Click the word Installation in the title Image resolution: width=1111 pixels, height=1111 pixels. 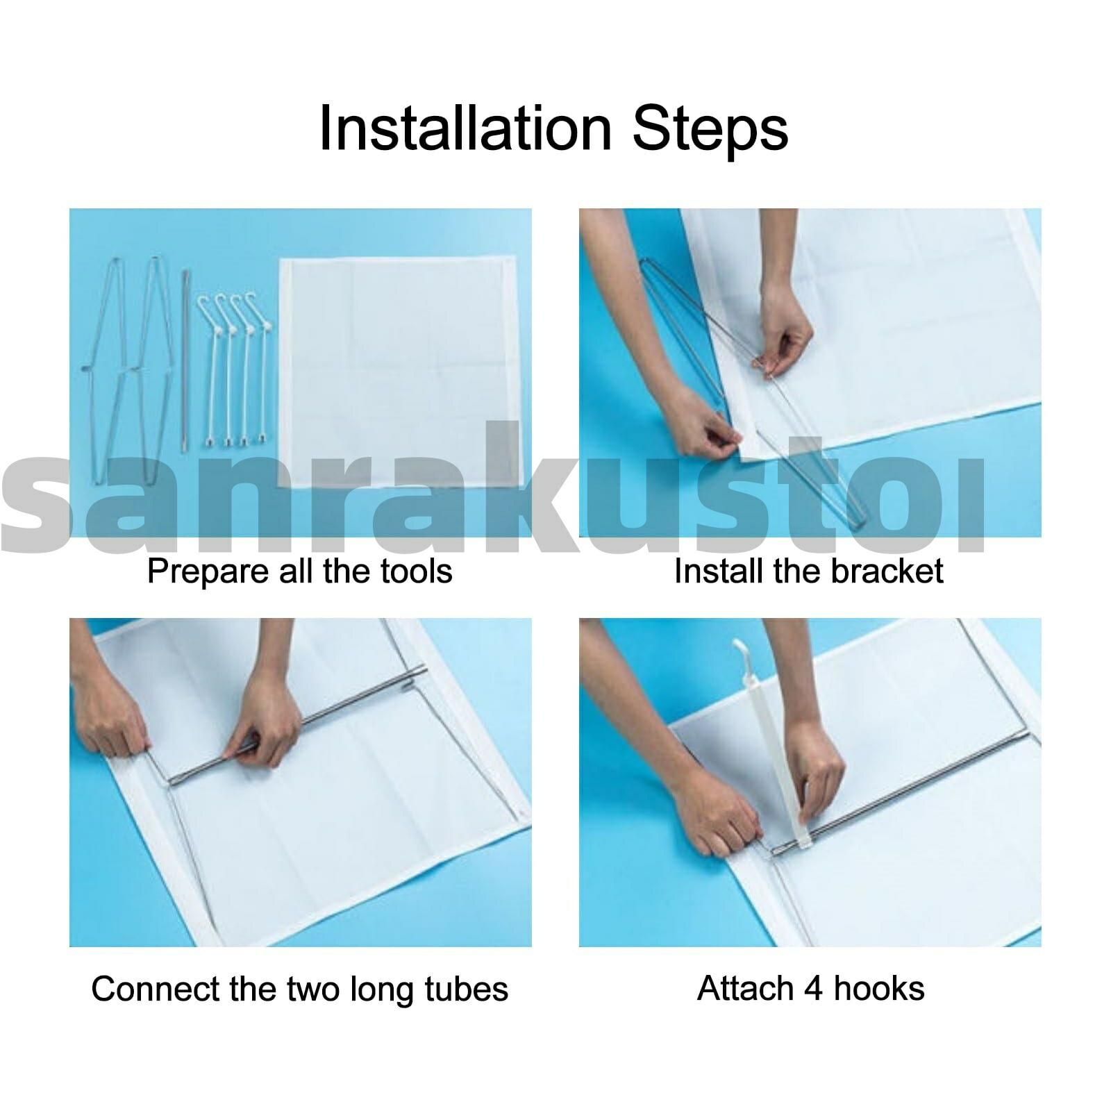pyautogui.click(x=465, y=128)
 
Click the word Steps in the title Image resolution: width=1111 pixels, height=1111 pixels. pyautogui.click(x=711, y=128)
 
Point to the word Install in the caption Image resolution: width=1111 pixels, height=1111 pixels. pyautogui.click(x=710, y=571)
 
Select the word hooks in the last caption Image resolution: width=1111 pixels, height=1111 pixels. pyautogui.click(x=879, y=989)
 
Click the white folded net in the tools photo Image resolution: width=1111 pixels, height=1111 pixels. pyautogui.click(x=400, y=371)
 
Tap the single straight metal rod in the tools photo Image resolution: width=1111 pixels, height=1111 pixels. pyautogui.click(x=185, y=361)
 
